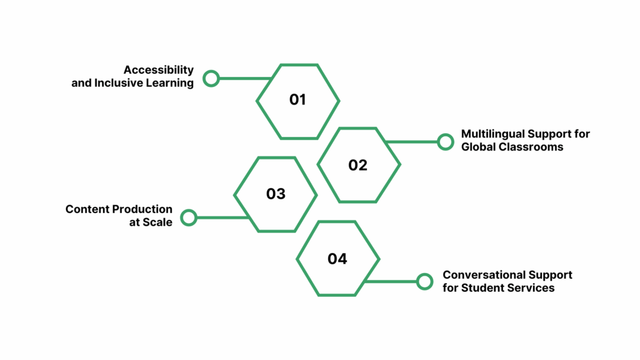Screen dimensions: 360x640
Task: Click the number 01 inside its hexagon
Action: tap(297, 100)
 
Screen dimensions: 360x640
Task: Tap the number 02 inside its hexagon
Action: tap(357, 165)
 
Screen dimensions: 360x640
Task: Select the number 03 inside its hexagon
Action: tap(276, 194)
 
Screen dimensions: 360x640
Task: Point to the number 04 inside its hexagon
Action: tap(337, 259)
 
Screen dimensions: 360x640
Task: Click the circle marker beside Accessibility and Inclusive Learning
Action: tap(211, 78)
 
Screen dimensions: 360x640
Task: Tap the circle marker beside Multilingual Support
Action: tap(445, 142)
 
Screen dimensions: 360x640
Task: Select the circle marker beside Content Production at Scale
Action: tap(189, 217)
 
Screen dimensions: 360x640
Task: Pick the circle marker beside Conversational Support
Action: tap(424, 281)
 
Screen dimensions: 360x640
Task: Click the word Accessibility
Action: tap(158, 70)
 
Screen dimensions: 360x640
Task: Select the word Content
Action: tap(87, 209)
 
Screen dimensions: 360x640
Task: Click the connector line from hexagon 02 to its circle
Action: tap(412, 142)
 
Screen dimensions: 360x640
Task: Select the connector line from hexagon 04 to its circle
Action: tap(391, 281)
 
